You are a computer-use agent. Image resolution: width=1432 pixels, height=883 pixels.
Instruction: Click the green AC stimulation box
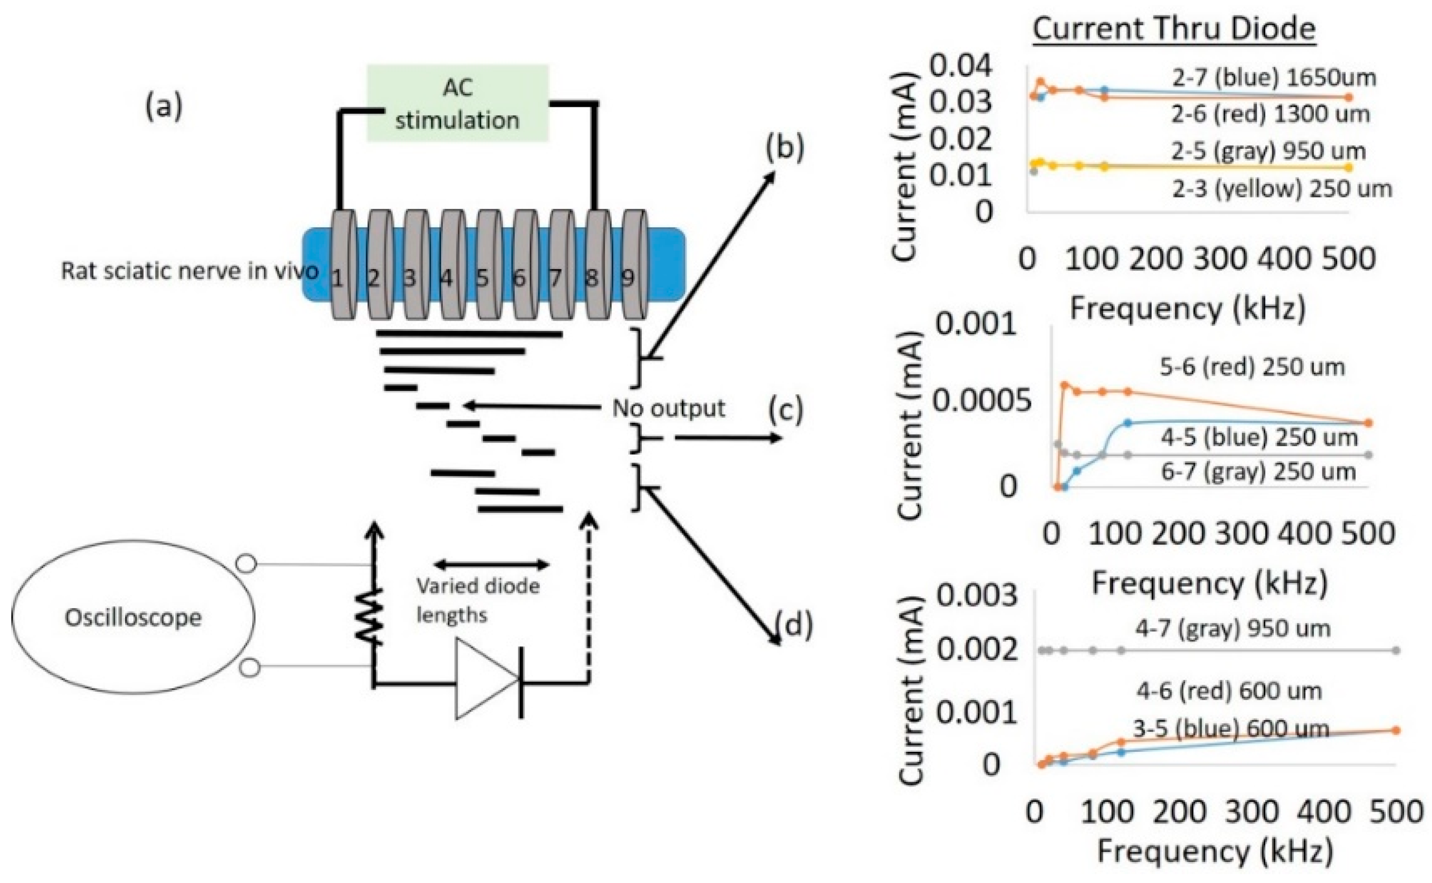(x=457, y=103)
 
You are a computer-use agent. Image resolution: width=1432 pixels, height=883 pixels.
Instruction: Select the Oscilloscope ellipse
(x=133, y=617)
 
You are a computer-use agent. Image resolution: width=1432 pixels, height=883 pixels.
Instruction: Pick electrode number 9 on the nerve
(x=633, y=266)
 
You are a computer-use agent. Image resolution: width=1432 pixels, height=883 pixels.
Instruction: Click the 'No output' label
(x=668, y=408)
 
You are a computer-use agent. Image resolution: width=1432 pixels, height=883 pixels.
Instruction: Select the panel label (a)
(x=163, y=107)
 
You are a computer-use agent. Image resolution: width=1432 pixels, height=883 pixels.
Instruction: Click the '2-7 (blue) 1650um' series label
(x=1274, y=77)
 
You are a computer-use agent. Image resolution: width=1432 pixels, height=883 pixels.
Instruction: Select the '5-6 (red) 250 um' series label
(x=1251, y=367)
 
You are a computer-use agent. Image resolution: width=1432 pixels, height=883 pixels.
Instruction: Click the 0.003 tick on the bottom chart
(x=977, y=595)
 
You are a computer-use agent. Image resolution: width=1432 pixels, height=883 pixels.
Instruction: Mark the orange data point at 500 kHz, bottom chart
(x=1396, y=730)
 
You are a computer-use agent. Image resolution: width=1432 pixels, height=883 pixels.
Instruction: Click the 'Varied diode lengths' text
(x=478, y=600)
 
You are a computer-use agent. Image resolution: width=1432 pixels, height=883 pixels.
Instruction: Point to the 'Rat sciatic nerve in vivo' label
(x=190, y=271)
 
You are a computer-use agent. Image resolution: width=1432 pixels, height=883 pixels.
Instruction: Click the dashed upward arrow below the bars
(x=589, y=596)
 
